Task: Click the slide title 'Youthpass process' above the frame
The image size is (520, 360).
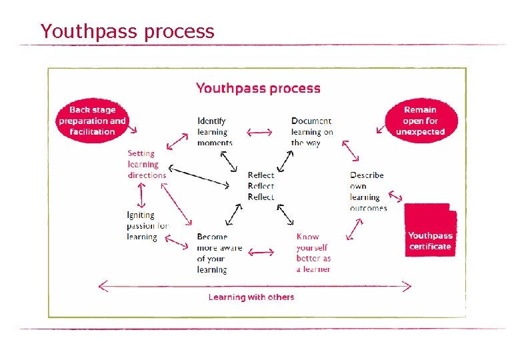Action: [x=127, y=31]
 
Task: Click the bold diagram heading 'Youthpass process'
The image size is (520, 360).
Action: [x=258, y=88]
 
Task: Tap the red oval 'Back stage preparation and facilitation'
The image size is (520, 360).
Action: [x=92, y=121]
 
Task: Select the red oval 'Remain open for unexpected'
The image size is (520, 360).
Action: [x=421, y=121]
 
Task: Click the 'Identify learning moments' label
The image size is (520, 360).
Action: [x=214, y=131]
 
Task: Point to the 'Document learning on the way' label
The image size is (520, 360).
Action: [x=311, y=131]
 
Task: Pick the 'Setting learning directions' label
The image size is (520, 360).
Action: [x=147, y=164]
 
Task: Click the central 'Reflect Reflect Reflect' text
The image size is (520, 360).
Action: [x=261, y=186]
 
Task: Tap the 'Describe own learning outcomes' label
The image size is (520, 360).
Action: [x=367, y=191]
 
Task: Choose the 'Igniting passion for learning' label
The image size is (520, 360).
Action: [x=147, y=225]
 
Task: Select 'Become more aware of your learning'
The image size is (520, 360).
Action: [x=219, y=253]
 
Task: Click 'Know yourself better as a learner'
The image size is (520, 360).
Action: [x=313, y=253]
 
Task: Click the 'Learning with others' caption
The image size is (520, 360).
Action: [x=251, y=297]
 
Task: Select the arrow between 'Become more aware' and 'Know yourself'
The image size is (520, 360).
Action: [x=261, y=252]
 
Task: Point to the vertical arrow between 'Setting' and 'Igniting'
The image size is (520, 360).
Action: [x=141, y=195]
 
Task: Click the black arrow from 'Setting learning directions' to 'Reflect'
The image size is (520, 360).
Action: [x=203, y=178]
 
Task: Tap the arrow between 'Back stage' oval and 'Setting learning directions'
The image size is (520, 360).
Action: [x=177, y=141]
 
